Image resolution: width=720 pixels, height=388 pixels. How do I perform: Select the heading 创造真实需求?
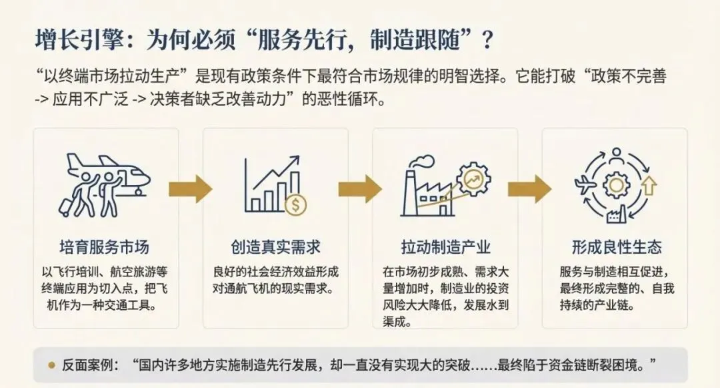click(275, 247)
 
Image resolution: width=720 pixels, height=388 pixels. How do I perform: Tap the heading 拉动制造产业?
click(445, 247)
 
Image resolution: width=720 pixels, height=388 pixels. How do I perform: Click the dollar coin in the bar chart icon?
click(295, 204)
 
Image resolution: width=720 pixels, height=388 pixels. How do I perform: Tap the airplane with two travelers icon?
click(107, 184)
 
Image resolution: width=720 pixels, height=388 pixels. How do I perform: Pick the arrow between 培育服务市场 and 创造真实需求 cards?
click(190, 188)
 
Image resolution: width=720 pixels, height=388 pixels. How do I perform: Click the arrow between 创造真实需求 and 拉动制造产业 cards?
click(360, 188)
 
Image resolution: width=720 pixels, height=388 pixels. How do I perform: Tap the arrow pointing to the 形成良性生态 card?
click(529, 188)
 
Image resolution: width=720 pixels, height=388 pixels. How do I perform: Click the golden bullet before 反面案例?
click(51, 365)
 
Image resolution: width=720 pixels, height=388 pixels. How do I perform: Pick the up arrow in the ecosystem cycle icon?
click(649, 185)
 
